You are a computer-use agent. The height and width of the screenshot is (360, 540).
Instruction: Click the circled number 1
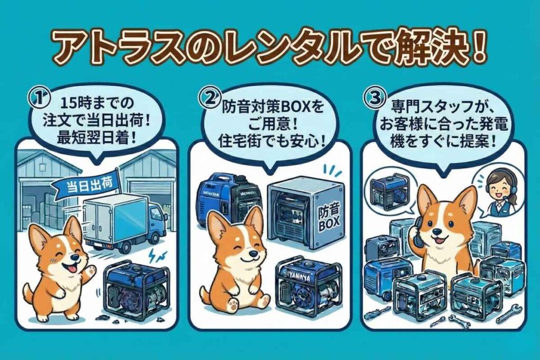38,98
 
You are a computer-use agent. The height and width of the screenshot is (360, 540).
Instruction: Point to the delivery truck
123,222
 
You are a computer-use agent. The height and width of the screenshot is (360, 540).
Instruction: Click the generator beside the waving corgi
139,290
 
